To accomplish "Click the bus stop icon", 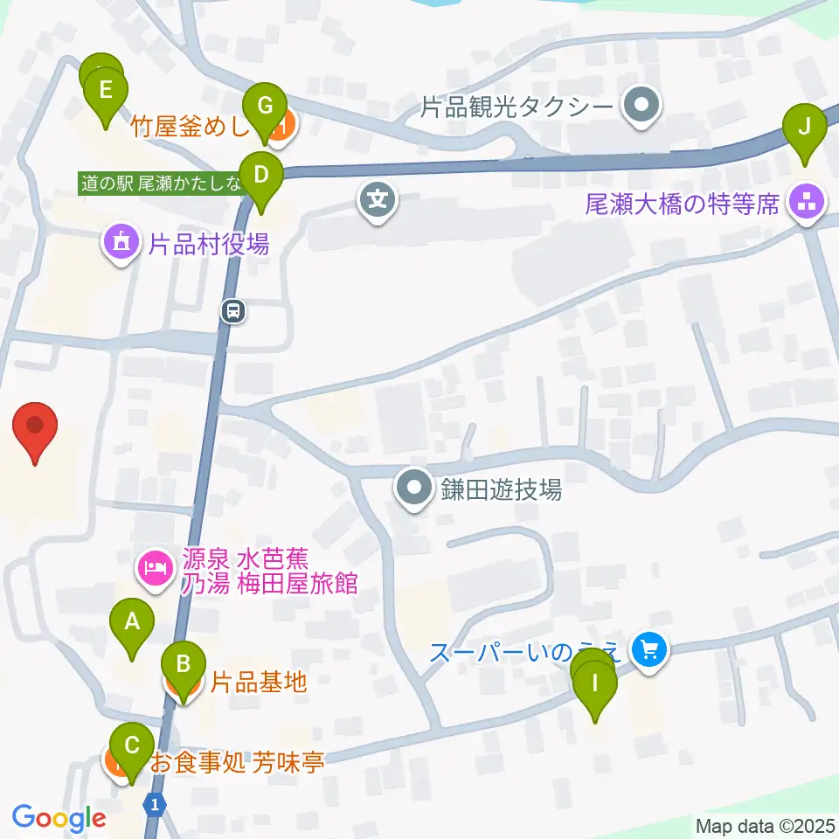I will tap(232, 309).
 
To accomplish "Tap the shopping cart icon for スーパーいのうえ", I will tap(649, 649).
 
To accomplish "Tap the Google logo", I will tap(59, 817).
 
